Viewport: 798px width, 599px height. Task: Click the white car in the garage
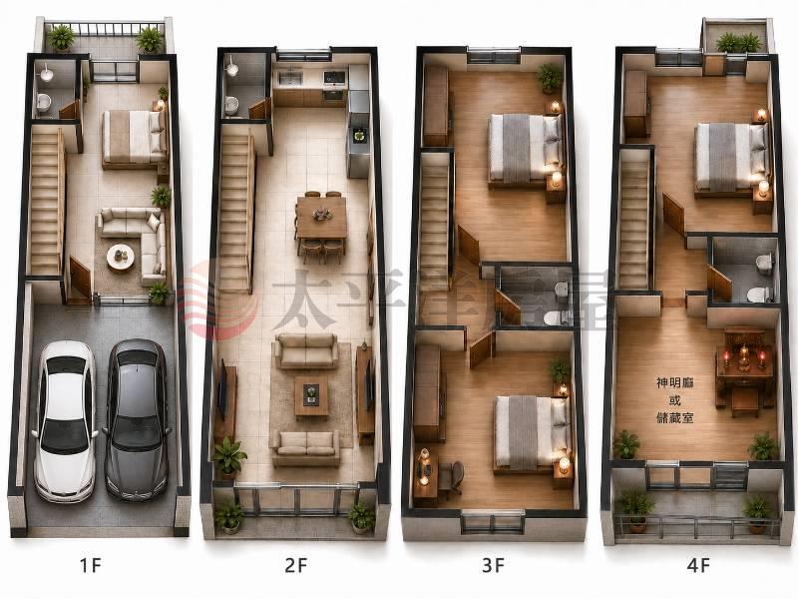point(64,420)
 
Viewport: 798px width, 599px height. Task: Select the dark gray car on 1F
point(137,419)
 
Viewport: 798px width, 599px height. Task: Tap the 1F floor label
point(91,565)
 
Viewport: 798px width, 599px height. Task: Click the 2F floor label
point(295,565)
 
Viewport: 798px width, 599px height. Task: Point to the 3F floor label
point(493,565)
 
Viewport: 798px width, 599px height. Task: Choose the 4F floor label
point(698,565)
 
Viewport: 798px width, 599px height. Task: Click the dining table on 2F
point(321,218)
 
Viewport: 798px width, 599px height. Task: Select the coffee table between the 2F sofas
point(311,395)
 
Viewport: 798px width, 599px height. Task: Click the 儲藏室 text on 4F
point(675,418)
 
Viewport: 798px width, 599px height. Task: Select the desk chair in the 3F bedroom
point(452,477)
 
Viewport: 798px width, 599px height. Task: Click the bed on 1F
point(135,138)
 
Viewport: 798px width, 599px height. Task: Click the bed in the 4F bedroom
point(731,157)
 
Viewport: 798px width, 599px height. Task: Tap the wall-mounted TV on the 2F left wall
point(222,388)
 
